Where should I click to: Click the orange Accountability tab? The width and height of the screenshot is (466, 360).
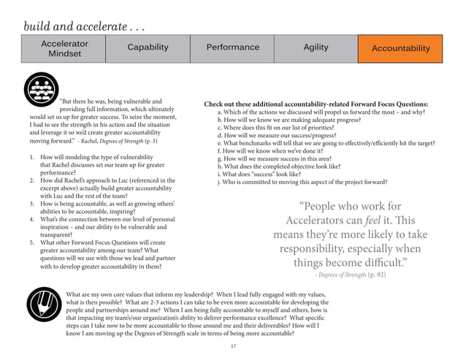(x=401, y=48)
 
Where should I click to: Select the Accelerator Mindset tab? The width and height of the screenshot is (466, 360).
(x=66, y=48)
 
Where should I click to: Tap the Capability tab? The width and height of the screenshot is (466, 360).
(x=148, y=47)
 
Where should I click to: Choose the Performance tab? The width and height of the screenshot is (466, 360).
(x=233, y=47)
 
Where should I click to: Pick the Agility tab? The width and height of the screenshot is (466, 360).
(x=316, y=47)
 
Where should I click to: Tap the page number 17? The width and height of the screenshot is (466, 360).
(x=234, y=345)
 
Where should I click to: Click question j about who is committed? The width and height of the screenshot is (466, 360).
(x=302, y=183)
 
